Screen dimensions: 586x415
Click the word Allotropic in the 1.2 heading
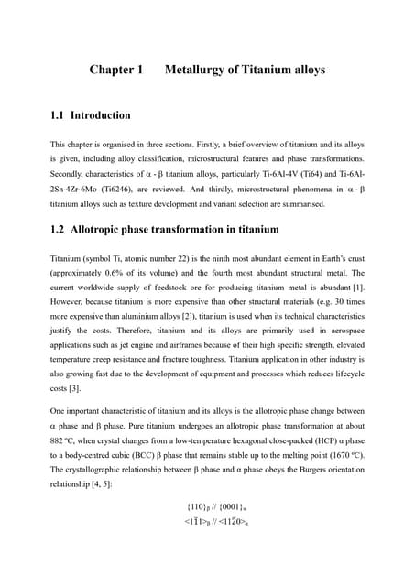[104, 229]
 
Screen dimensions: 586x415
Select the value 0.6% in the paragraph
[118, 272]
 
